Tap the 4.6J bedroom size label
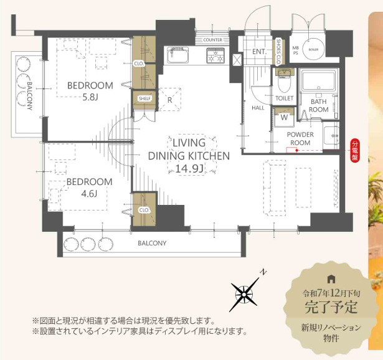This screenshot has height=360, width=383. (x=90, y=193)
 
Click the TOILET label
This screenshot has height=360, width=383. (x=284, y=98)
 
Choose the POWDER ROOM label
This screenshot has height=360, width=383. (x=300, y=138)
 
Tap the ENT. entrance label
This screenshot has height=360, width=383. (x=260, y=52)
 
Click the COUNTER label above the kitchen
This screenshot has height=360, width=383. (x=213, y=39)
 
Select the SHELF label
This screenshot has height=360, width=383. (x=144, y=98)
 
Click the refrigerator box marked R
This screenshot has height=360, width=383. (x=169, y=98)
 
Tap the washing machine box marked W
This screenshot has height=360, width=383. (x=284, y=116)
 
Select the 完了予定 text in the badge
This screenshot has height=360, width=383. (x=331, y=306)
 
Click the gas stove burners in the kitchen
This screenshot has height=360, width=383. (x=217, y=57)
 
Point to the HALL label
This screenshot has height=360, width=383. (x=258, y=108)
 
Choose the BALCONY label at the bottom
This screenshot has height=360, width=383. (x=152, y=243)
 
